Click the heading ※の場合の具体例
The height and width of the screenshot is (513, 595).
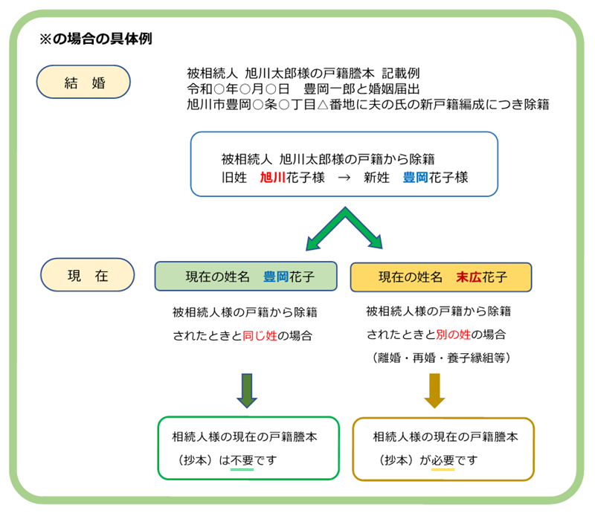point(96,39)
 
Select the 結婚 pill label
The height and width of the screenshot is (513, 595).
point(83,82)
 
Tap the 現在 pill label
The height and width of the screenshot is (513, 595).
point(87,275)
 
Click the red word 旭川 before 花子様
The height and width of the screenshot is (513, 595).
point(273,177)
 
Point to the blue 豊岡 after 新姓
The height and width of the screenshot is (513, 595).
point(416,177)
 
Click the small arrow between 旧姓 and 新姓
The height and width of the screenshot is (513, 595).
point(344,178)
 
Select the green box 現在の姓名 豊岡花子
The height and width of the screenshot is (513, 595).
point(246,277)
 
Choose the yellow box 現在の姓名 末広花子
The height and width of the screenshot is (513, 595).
point(441,277)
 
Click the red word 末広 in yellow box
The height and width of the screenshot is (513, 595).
point(469,277)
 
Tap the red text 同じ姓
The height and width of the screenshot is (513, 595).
point(260,335)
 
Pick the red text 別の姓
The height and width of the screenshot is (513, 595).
point(454,335)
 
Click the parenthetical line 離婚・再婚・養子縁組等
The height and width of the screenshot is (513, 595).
point(442,358)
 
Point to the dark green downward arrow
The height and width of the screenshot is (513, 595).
point(247,391)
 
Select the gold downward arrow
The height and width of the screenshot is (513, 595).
point(434,391)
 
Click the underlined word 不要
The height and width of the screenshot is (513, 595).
point(242,460)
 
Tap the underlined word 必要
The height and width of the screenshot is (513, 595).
point(443,460)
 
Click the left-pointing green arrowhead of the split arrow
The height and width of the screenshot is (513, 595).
point(313,243)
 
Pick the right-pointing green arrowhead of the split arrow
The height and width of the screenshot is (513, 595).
point(376,242)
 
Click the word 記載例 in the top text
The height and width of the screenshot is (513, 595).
point(401,73)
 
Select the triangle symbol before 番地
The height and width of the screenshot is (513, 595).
point(323,104)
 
